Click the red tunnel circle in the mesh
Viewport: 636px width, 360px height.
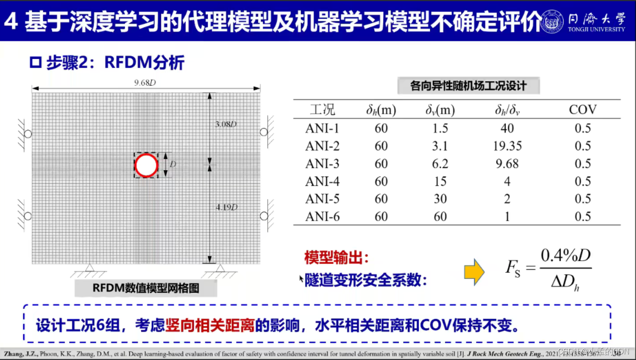tap(146, 165)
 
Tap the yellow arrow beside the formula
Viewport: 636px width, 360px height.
tap(474, 272)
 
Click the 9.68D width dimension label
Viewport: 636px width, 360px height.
tap(145, 83)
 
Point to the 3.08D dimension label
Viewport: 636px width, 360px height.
tap(226, 124)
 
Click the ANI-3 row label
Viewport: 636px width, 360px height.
tap(322, 164)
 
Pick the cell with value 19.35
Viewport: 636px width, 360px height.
tap(507, 146)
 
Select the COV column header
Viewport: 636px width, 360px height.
tap(583, 110)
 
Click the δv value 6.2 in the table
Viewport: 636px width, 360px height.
tap(440, 164)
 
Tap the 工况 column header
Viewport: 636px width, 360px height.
tap(322, 110)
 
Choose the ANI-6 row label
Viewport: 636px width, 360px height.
tap(322, 217)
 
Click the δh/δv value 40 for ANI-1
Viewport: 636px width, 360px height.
tap(507, 129)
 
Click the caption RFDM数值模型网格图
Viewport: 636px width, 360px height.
tap(146, 288)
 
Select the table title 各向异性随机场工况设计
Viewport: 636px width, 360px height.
tap(469, 86)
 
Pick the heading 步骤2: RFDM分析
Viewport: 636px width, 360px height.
tap(115, 63)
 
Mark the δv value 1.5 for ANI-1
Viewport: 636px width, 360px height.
tap(440, 129)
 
